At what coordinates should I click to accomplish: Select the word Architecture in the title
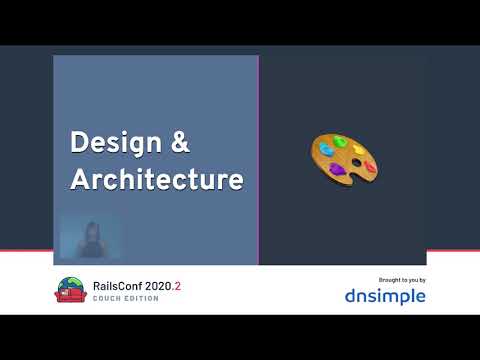pyautogui.click(x=156, y=180)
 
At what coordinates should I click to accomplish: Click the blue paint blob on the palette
pyautogui.click(x=326, y=151)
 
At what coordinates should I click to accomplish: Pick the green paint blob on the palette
pyautogui.click(x=340, y=142)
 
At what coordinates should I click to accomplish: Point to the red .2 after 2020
pyautogui.click(x=178, y=286)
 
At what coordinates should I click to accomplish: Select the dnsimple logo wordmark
pyautogui.click(x=385, y=296)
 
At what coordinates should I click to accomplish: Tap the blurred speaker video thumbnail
pyautogui.click(x=90, y=236)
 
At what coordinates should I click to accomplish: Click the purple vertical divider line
pyautogui.click(x=258, y=160)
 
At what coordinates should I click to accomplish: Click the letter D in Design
pyautogui.click(x=78, y=142)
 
